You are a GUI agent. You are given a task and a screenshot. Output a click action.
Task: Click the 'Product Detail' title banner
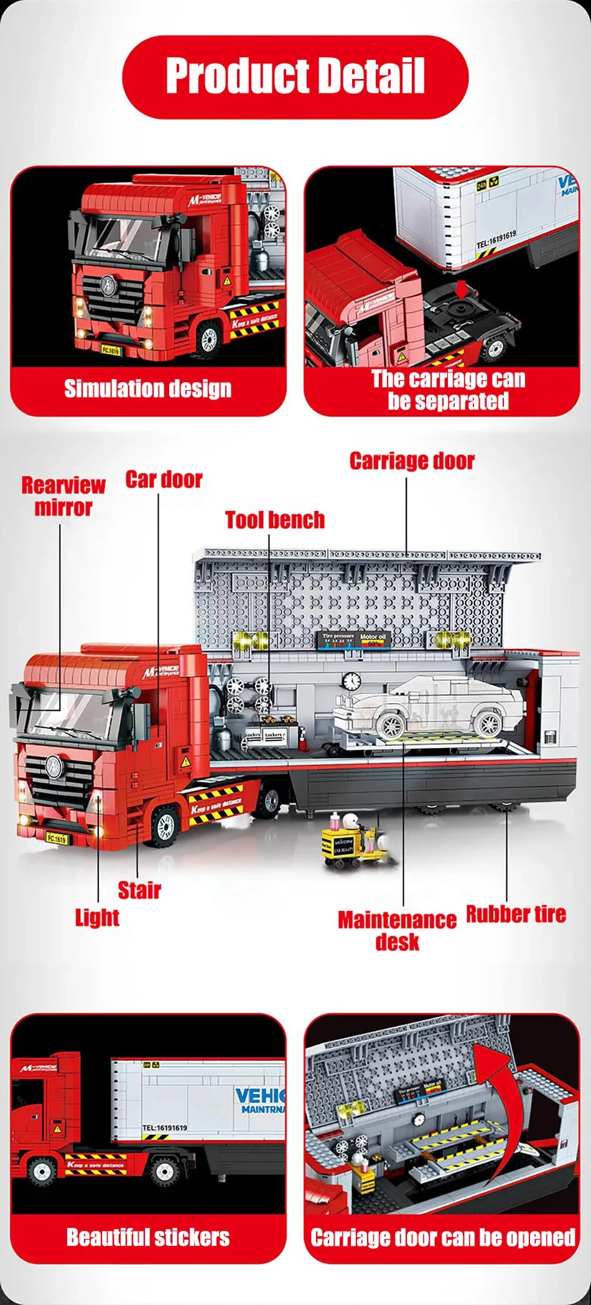295,77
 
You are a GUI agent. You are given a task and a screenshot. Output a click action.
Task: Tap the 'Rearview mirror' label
63,496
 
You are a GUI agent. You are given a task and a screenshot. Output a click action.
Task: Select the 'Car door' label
164,480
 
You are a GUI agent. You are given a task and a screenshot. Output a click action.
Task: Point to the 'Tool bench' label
274,520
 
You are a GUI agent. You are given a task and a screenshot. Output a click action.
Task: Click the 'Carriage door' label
412,461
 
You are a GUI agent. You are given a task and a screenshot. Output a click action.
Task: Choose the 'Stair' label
139,890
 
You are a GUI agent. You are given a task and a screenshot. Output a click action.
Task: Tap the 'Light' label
97,917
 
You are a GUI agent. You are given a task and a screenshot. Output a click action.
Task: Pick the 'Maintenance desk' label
397,930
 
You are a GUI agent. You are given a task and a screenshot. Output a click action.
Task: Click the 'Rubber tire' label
516,914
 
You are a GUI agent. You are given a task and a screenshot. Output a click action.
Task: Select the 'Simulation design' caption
148,389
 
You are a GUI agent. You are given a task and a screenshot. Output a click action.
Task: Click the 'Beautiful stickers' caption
148,1237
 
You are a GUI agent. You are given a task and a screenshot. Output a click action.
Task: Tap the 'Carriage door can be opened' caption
442,1237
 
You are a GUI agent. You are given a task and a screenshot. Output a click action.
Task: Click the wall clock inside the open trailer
351,681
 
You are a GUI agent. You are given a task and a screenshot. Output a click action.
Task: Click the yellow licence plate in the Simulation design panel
110,350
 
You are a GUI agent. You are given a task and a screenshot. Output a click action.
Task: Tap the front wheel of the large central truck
165,826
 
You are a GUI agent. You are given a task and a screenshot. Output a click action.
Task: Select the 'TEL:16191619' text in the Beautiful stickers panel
164,1127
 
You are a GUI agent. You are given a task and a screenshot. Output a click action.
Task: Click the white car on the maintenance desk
429,706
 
